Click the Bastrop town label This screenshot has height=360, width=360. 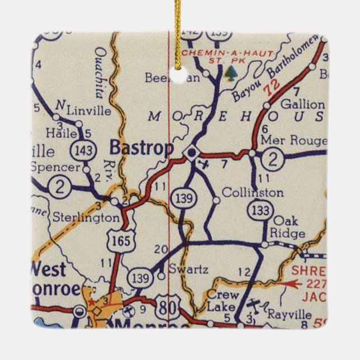point(141,148)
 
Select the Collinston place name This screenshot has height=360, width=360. point(252,192)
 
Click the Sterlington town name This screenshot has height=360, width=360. point(86,217)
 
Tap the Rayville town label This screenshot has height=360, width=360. point(290,314)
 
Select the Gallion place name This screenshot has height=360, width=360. point(302,105)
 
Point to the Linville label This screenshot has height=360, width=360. point(88,110)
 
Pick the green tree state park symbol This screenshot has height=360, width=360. point(230,72)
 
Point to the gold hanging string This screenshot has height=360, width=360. point(178,34)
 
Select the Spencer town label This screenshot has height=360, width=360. point(55,167)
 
